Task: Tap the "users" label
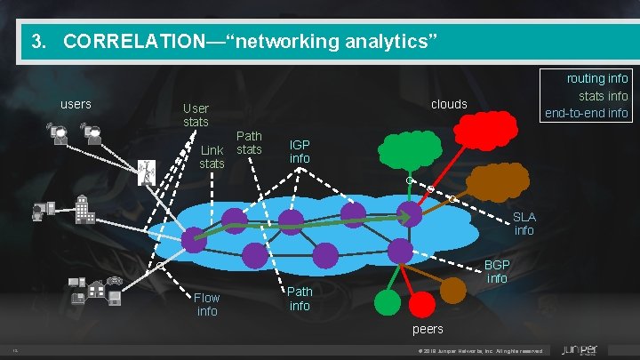75,105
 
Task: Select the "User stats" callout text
196,115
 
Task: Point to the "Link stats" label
212,156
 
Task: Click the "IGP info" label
300,151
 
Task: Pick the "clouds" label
449,105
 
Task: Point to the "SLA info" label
524,224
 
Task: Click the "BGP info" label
497,272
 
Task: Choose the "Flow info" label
207,304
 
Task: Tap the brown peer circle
454,288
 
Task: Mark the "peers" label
428,330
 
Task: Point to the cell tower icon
143,172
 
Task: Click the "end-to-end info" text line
586,113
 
